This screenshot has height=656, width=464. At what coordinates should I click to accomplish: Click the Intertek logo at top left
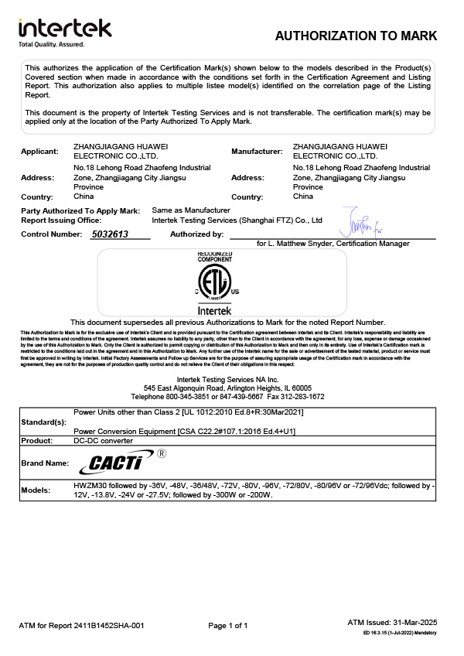[x=65, y=28]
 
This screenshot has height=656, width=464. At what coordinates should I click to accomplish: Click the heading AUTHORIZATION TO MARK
[x=356, y=36]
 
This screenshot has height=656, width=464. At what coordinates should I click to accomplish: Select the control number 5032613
[x=110, y=234]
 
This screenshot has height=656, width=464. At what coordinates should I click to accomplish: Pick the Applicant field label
[x=39, y=151]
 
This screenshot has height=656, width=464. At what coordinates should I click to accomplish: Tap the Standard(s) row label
[x=43, y=423]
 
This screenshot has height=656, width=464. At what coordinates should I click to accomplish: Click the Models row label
[x=36, y=490]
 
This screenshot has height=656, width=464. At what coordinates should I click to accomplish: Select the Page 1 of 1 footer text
[x=228, y=625]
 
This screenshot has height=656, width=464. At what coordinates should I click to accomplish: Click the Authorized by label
[x=196, y=234]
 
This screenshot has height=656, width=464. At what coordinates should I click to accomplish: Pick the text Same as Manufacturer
[x=191, y=210]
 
